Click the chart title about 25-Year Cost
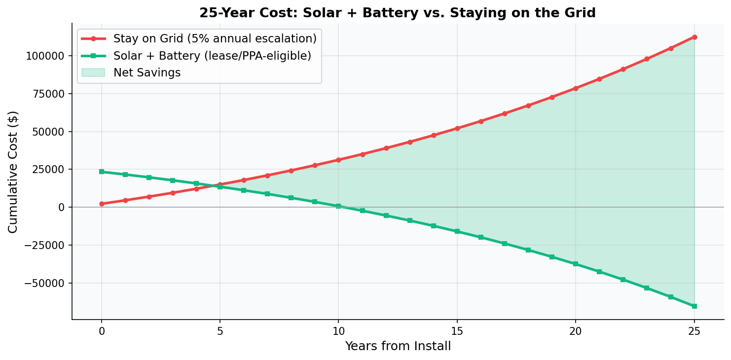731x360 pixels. pos(397,13)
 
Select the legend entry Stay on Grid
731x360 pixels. pos(215,38)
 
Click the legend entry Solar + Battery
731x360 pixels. pos(212,56)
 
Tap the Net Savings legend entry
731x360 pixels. pos(147,72)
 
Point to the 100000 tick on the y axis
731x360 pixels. pos(45,56)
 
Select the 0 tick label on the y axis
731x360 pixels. pos(62,207)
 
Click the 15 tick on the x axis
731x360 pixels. pos(457,331)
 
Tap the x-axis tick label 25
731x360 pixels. pos(694,331)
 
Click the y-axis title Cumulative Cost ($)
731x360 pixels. pos(13,172)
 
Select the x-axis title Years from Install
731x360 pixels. pos(398,346)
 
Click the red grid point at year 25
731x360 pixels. pos(694,37)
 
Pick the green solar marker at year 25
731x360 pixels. pos(694,306)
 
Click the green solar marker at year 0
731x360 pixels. pos(102,172)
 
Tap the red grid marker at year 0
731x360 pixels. pos(102,204)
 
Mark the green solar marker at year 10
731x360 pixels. pos(338,206)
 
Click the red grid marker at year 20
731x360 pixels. pos(576,88)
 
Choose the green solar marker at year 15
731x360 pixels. pos(457,231)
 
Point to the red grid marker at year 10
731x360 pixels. pos(338,160)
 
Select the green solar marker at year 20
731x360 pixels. pos(576,264)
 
